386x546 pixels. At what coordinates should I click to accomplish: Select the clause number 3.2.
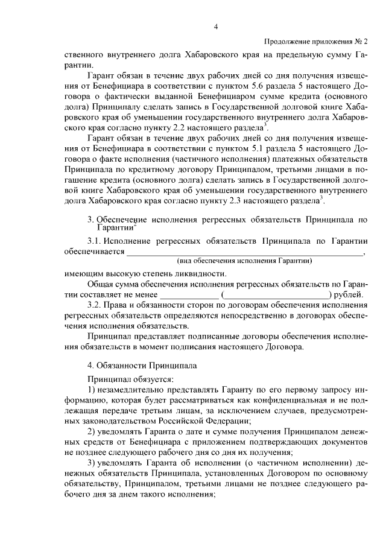click(95, 306)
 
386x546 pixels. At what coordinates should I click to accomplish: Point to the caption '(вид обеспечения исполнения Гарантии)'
click(244, 261)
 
